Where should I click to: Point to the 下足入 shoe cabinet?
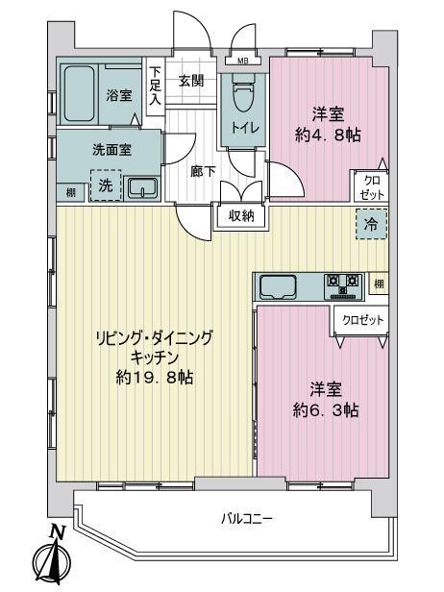tap(155, 85)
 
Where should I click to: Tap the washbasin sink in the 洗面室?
tap(142, 188)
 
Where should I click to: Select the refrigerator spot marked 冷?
tap(369, 226)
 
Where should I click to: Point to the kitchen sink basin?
tap(278, 285)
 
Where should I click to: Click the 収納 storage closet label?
tap(241, 216)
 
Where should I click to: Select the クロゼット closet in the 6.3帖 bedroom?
tap(360, 319)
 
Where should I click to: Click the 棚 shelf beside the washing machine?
tap(71, 193)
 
